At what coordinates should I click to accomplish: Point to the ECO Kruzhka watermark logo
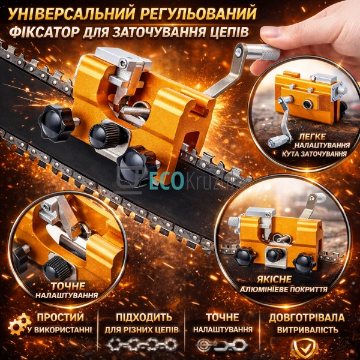point(180,180)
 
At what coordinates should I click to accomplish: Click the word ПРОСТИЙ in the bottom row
point(60,317)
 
